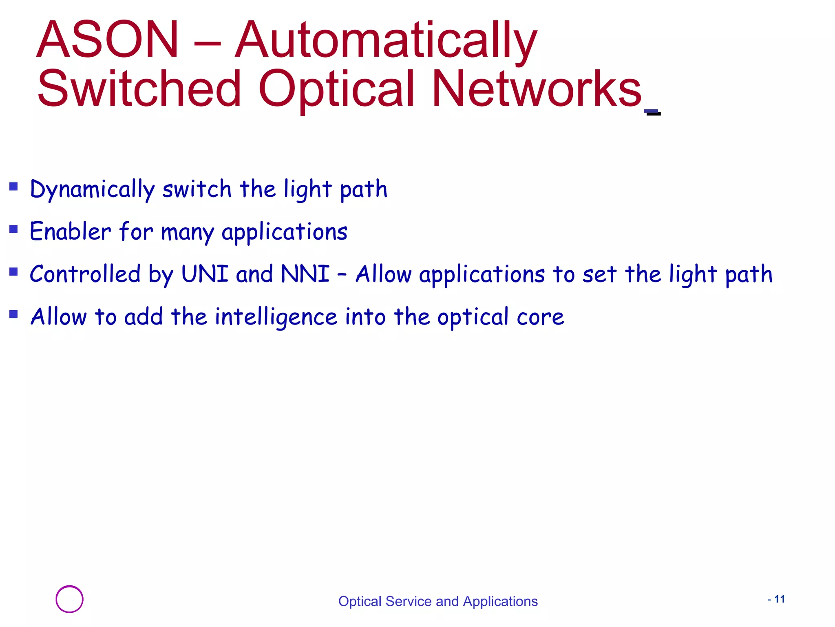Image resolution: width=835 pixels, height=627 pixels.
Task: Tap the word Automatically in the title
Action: [x=386, y=41]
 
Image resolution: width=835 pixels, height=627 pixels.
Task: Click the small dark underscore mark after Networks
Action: [x=653, y=112]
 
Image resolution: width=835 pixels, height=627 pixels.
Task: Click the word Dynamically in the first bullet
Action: [x=92, y=189]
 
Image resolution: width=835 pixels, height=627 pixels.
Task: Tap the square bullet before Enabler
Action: [x=14, y=229]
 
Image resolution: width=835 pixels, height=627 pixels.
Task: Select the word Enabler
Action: [x=70, y=231]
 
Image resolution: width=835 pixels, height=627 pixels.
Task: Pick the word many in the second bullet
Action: [x=187, y=233]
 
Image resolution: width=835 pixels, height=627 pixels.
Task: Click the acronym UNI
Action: [x=205, y=274]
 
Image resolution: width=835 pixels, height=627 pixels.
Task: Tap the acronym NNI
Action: [x=305, y=274]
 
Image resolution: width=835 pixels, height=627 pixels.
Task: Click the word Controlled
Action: [x=85, y=274]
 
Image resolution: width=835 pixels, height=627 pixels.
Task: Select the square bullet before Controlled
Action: [x=14, y=271]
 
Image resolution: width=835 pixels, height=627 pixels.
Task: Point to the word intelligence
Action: [x=276, y=317]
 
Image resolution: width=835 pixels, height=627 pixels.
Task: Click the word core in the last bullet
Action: [x=540, y=317]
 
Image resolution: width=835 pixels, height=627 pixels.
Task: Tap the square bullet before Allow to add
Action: [x=14, y=314]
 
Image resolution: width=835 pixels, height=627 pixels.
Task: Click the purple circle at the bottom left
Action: [x=69, y=599]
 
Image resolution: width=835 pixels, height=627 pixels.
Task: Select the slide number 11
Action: [x=779, y=599]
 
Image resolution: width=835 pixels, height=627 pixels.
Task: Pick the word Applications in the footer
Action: [x=500, y=601]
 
